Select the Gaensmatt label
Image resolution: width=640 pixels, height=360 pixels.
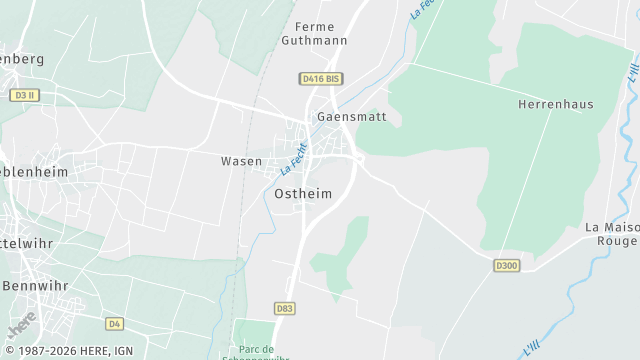tap(344, 117)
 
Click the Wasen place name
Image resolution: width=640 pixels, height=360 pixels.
tap(241, 161)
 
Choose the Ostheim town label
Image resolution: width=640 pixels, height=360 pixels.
tap(302, 194)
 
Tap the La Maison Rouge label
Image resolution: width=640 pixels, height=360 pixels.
tap(612, 234)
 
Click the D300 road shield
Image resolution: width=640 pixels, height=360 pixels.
tap(507, 265)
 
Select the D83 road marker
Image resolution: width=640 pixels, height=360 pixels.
tap(285, 309)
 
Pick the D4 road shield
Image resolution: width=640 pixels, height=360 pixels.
tap(114, 323)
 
